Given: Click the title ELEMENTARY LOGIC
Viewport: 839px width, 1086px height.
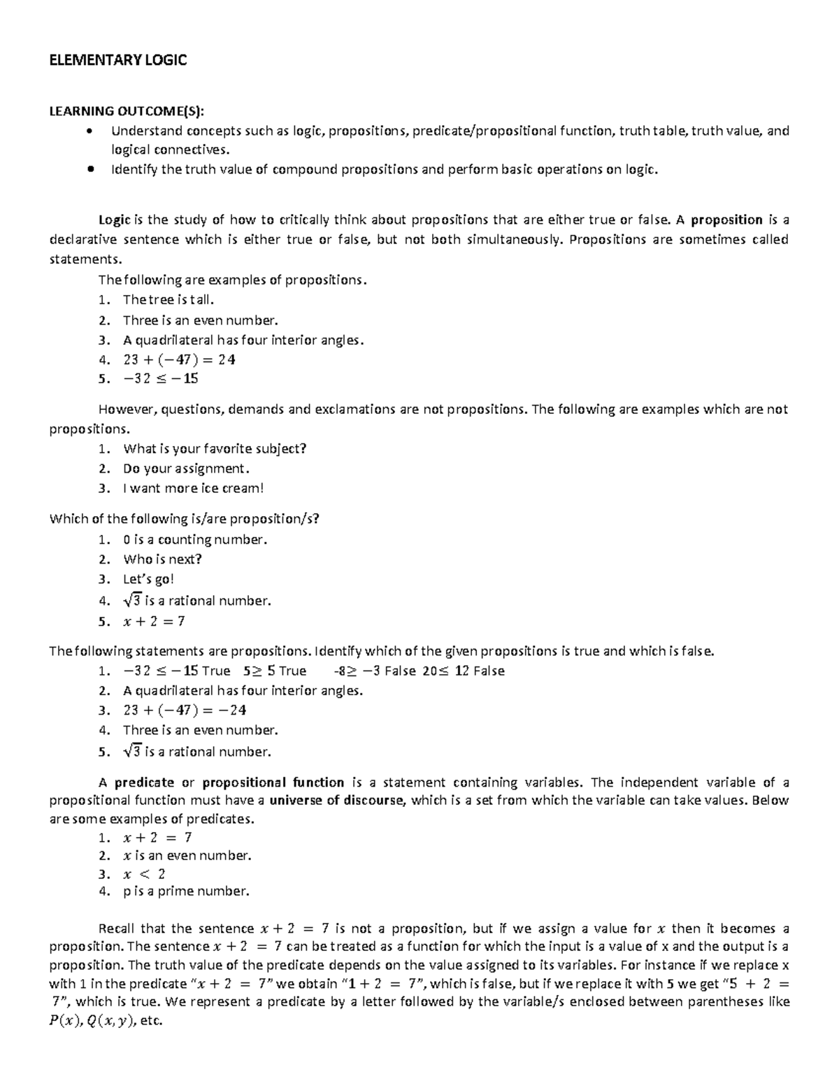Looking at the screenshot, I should tap(117, 60).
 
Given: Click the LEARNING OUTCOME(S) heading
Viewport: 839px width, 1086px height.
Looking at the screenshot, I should tap(127, 110).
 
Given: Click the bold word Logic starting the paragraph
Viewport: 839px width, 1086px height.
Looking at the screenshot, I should tap(114, 220).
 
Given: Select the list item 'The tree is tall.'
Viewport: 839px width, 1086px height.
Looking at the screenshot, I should tap(168, 300).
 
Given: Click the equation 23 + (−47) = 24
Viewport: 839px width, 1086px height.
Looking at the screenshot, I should tap(179, 359).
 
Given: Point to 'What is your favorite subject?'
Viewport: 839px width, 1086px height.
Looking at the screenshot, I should tap(215, 449).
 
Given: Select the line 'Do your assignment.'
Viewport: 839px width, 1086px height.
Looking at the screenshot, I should tap(186, 469).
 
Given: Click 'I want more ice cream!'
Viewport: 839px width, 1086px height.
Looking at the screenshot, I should tap(193, 488).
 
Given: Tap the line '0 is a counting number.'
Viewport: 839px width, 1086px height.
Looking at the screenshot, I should tap(195, 540).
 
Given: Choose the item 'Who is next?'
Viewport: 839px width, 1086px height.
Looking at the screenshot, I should tap(162, 559).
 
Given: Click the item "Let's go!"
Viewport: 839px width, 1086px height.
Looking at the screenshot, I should tap(148, 579).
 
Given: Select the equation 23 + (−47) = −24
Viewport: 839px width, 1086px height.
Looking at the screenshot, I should tap(185, 710).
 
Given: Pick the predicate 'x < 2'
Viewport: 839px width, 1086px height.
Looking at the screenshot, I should tap(144, 874).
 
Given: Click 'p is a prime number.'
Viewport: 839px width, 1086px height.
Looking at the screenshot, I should tap(186, 892).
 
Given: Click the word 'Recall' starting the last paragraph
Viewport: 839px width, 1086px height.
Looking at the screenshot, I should tap(117, 929).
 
